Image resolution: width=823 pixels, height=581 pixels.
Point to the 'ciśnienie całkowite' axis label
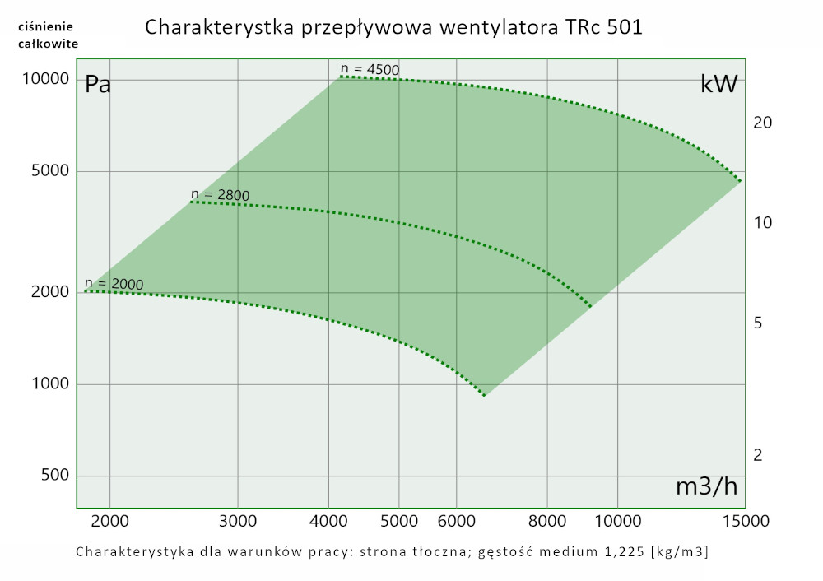pos(48,35)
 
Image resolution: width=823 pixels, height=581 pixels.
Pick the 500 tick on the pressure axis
pos(51,476)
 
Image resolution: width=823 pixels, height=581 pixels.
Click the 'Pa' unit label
pos(99,85)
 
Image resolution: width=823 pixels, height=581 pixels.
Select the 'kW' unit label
pos(718,85)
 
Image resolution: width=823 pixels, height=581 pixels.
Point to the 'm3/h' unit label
pos(707,486)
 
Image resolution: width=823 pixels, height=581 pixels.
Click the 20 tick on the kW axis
pos(762,123)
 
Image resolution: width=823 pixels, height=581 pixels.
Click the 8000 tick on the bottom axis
pos(546,520)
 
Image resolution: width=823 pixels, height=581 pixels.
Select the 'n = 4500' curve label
pos(370,69)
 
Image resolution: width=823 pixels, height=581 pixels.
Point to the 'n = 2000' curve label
pos(114,285)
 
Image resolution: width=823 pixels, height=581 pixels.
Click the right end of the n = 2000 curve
pos(484,395)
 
